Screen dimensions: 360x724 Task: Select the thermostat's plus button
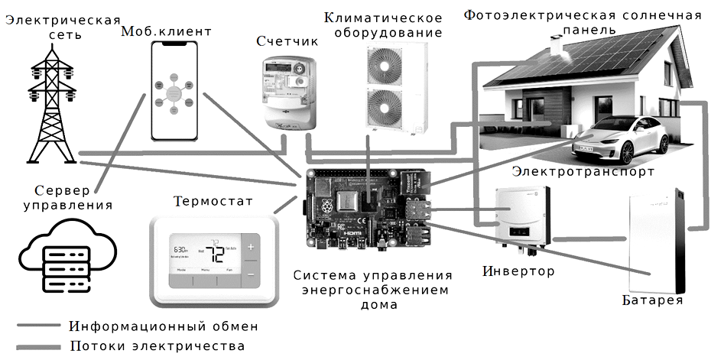(251, 247)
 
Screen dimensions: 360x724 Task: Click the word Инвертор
(519, 271)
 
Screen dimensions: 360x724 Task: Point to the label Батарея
(652, 301)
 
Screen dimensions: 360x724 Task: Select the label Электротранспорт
(583, 172)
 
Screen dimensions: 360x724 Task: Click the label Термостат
(213, 203)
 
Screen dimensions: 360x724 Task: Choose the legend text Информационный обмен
(163, 326)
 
